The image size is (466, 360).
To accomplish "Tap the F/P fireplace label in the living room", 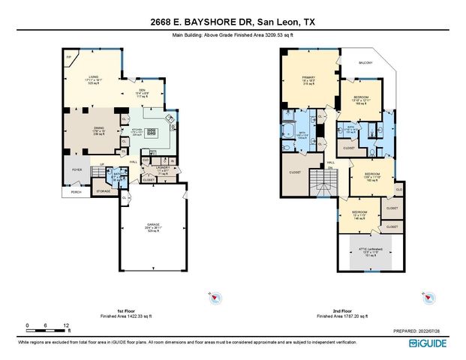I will (x=68, y=57).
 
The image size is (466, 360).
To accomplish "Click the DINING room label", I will (x=98, y=128).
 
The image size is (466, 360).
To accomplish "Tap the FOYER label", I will (x=77, y=170).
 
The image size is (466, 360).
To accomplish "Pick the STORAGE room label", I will (x=103, y=191).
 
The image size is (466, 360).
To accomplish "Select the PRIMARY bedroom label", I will (x=308, y=77).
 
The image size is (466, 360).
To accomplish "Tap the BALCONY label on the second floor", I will (x=365, y=63).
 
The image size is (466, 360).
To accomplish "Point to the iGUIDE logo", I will (x=429, y=343).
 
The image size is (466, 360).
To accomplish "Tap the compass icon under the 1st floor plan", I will (x=215, y=296).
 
